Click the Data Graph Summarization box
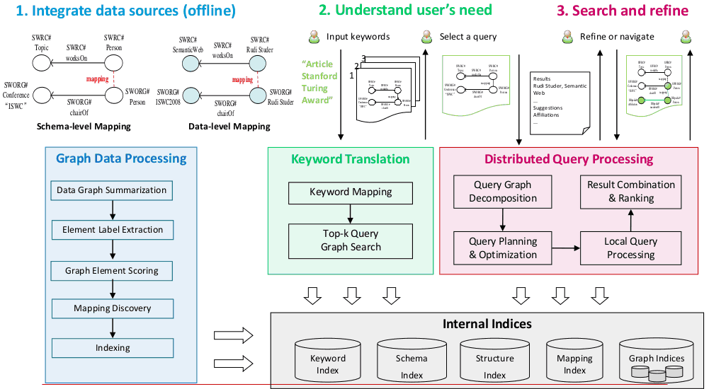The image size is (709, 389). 112,190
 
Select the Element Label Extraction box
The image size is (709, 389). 112,230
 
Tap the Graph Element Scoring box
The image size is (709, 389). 112,270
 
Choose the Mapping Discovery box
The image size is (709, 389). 112,308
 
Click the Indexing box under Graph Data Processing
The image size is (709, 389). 112,348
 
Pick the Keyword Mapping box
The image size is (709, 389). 351,192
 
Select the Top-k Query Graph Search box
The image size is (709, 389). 351,240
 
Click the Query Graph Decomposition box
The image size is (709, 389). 503,192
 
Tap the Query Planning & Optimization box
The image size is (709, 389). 503,248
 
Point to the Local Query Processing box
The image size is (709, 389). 630,248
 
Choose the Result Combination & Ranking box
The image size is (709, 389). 630,192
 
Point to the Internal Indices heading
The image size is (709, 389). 487,324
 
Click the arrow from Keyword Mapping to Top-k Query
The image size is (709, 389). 351,213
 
